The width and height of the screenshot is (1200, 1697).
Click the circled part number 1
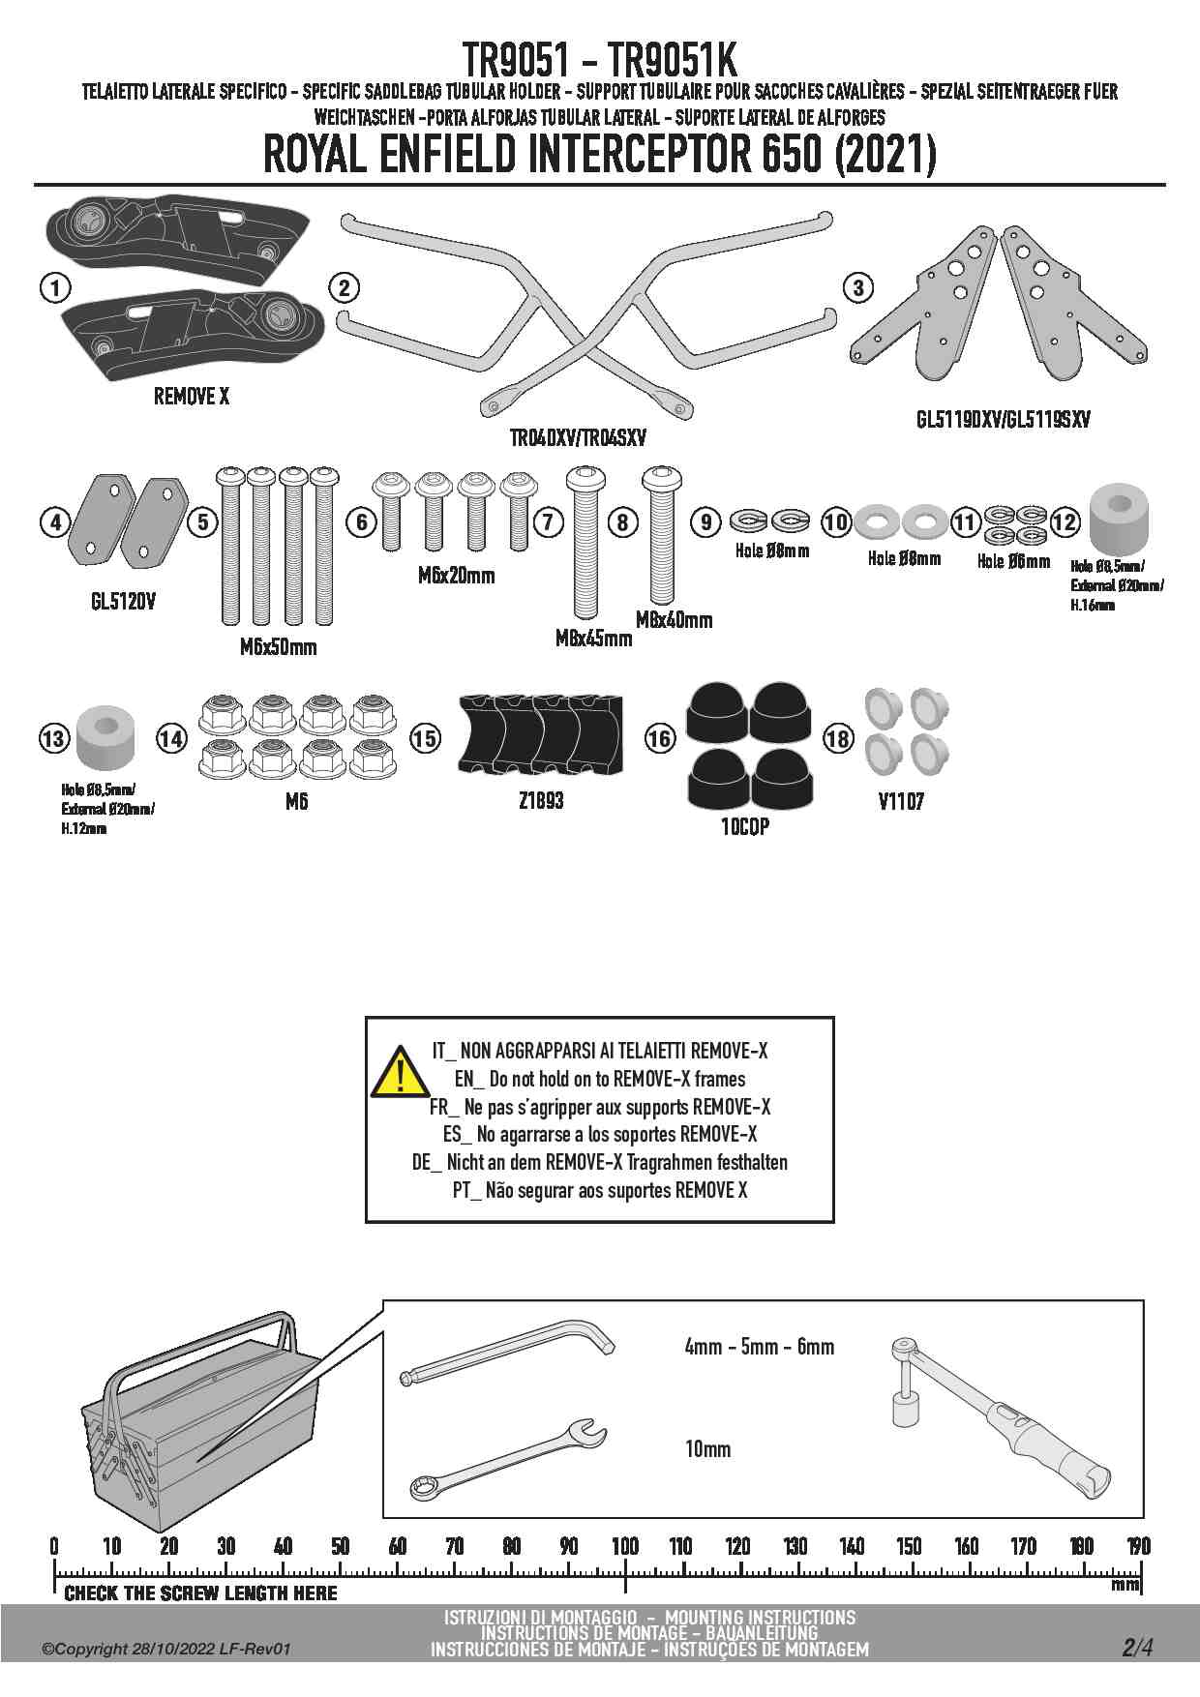coord(56,287)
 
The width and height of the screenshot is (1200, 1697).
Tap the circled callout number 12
coord(1064,522)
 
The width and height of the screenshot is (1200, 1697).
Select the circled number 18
coord(838,739)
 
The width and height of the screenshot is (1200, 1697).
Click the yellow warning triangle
coord(400,1071)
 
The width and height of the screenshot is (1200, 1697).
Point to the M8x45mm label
coord(593,639)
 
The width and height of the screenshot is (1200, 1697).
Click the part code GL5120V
coord(123,602)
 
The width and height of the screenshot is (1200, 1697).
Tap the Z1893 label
coord(541,801)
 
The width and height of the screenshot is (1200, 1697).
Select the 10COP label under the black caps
coord(745,827)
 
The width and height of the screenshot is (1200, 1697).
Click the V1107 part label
coord(901,801)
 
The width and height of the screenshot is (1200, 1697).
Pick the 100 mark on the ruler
coord(625,1545)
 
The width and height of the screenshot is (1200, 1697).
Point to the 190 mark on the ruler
coord(1139,1545)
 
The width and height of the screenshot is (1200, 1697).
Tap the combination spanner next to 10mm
coord(507,1457)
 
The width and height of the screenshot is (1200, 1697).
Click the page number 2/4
coord(1137,1648)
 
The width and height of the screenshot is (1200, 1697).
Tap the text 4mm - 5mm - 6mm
coord(759,1347)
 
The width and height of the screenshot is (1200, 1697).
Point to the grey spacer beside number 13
coord(104,740)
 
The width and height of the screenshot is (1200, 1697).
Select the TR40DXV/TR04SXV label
coord(578,438)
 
